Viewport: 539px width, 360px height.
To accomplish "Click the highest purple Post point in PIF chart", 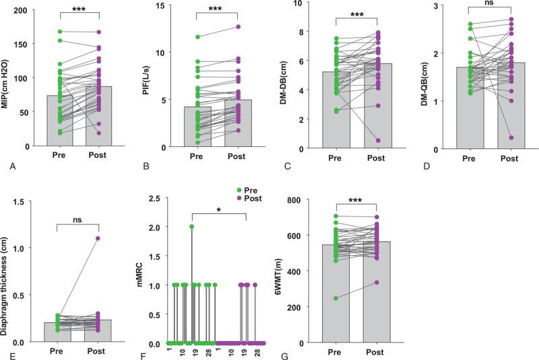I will point(238,27).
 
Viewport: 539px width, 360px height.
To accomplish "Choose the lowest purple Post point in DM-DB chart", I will point(378,140).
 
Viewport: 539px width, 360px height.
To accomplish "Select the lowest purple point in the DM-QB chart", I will point(511,138).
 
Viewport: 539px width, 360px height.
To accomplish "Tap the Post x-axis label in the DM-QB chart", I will point(511,159).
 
